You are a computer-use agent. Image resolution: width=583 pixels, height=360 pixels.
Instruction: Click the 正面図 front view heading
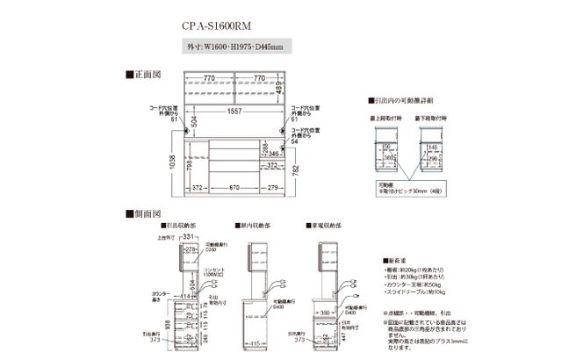point(145,76)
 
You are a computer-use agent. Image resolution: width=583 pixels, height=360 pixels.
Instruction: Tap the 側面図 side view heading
point(145,213)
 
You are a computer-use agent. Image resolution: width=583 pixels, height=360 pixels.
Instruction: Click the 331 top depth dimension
point(187,237)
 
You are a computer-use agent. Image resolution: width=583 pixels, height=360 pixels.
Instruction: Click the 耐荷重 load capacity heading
point(396,261)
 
